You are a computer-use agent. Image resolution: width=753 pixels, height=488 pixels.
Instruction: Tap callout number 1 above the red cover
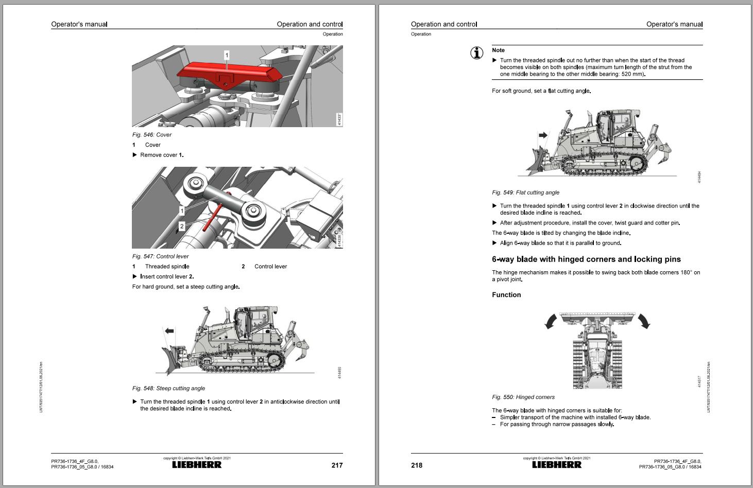(227, 55)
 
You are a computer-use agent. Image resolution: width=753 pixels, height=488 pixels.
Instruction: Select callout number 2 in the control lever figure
(182, 226)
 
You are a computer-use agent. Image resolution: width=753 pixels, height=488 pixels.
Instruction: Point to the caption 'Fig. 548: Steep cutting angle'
(168, 388)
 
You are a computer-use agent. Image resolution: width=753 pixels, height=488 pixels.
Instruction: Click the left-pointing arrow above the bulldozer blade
(169, 331)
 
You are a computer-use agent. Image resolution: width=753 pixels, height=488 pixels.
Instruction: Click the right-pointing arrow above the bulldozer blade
(543, 135)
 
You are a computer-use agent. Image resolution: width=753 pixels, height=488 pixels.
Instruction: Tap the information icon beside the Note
(477, 53)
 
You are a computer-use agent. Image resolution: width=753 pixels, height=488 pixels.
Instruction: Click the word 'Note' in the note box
(498, 50)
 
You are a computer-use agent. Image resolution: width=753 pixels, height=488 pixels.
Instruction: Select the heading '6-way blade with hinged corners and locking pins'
(586, 259)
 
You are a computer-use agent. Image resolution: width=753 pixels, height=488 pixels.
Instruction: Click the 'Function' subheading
(506, 295)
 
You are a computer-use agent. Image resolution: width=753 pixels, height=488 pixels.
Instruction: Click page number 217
(337, 465)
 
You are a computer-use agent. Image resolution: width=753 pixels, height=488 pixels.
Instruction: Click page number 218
(417, 465)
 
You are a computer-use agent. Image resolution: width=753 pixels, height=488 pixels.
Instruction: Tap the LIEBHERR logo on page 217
(197, 464)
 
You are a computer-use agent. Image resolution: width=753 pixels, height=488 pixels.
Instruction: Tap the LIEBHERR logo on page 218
(556, 464)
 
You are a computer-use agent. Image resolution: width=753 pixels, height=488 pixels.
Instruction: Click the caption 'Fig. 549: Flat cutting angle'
(525, 193)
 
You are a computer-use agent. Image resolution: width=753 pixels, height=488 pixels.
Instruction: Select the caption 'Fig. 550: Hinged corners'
(523, 397)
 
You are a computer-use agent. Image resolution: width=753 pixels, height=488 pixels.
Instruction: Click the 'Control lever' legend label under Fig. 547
(270, 266)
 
